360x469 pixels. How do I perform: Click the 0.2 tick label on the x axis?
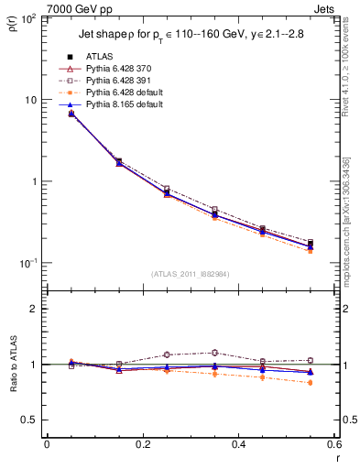[141, 444]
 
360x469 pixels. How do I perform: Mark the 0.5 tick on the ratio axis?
[32, 420]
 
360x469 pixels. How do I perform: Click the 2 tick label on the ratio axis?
[35, 309]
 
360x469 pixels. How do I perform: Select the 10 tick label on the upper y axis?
[29, 100]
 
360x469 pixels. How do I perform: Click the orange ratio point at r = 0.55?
[310, 383]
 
